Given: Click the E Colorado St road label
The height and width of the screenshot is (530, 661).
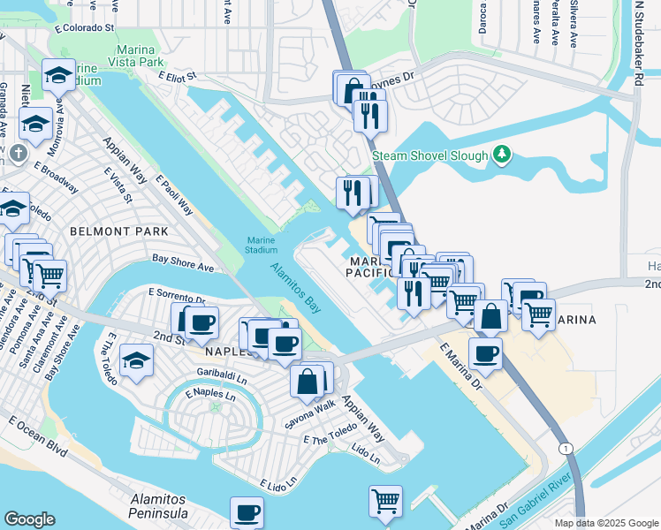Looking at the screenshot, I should click(85, 28).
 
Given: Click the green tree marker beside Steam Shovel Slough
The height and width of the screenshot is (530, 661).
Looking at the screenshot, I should click(502, 155).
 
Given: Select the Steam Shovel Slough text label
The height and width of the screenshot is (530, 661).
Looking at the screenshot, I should click(429, 155).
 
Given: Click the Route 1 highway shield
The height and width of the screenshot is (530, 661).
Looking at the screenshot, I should click(564, 449).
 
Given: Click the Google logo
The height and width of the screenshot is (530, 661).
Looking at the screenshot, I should click(29, 519).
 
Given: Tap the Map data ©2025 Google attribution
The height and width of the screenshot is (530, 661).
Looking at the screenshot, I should click(606, 523).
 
